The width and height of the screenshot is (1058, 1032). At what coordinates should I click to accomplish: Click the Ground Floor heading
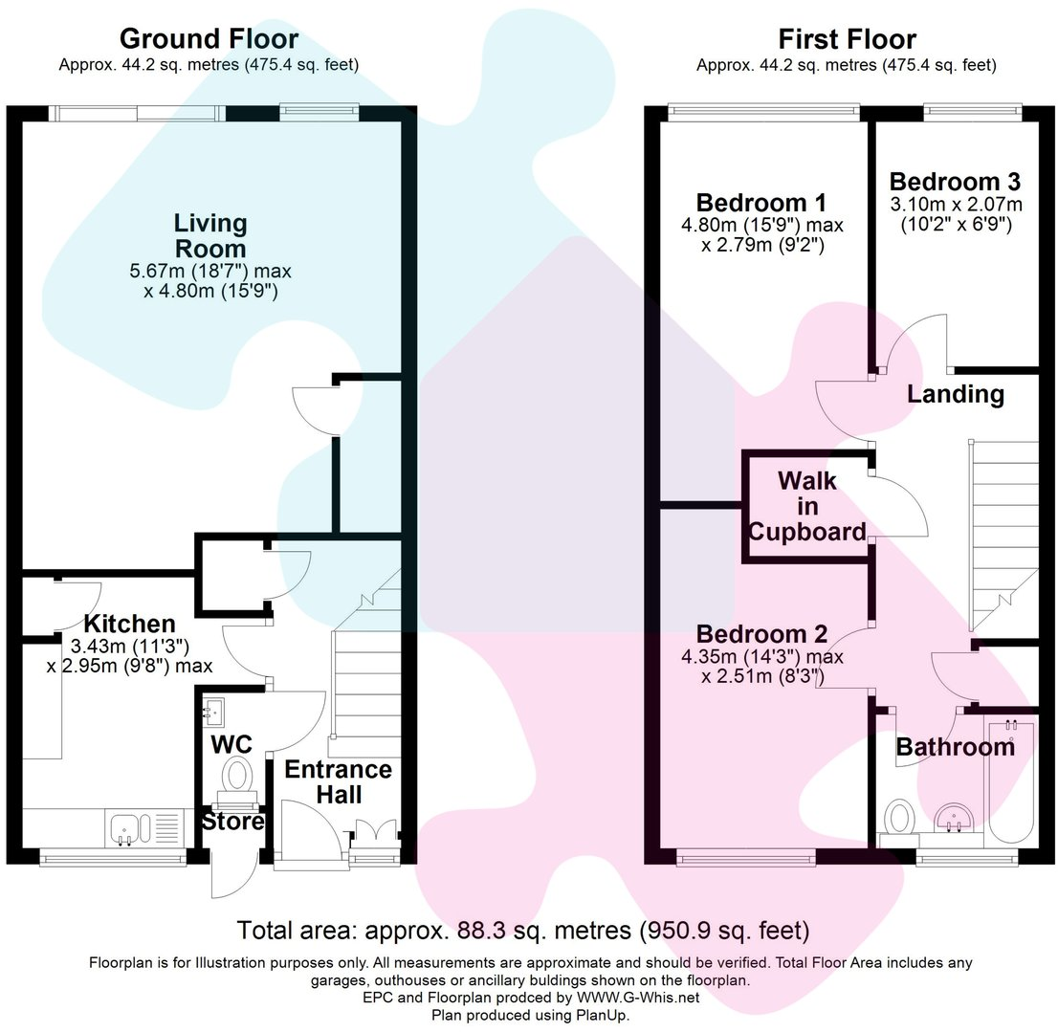[209, 39]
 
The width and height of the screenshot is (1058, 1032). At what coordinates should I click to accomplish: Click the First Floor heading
[847, 39]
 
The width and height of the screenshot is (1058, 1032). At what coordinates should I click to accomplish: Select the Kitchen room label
[128, 625]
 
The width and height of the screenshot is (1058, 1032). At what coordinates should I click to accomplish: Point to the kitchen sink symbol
[125, 827]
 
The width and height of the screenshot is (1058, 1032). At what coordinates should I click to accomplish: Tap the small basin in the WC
[212, 710]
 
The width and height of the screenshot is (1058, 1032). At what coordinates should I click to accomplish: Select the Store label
[232, 822]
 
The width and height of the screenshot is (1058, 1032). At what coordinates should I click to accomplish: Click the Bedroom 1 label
[760, 203]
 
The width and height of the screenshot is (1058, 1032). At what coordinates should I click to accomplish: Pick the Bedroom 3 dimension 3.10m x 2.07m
[956, 205]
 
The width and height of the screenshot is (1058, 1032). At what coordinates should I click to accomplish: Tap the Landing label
[955, 394]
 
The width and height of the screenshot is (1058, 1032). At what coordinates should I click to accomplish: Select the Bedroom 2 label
[761, 634]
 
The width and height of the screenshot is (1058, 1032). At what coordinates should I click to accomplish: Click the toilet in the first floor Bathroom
[899, 821]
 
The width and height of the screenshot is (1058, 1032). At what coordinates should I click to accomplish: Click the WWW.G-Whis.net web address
[638, 998]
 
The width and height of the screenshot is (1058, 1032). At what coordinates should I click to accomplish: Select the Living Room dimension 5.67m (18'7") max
[210, 271]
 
